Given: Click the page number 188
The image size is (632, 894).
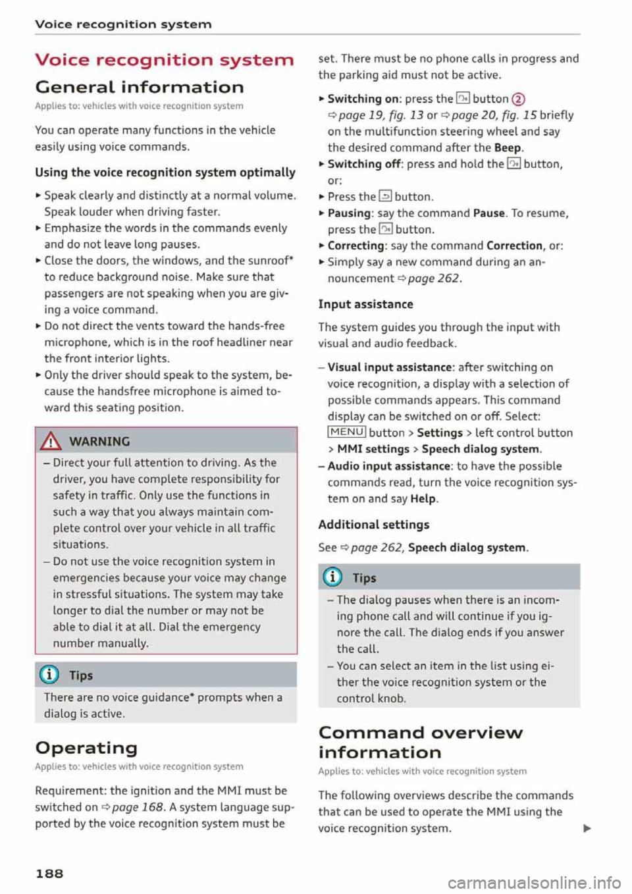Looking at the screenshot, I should pos(49,874).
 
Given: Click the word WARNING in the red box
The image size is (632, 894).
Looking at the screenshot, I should pos(99,442).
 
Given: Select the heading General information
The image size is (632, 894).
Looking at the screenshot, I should pos(140,87).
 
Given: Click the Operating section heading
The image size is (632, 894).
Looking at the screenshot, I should pos(86,748).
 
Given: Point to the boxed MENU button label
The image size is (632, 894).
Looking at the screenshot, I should pos(346,433).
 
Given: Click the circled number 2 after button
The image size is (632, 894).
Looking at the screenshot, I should pos(518,99).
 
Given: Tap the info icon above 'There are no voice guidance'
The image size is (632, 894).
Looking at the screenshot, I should pos(50,675).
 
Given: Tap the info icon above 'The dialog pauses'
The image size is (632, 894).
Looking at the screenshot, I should pos(333,578).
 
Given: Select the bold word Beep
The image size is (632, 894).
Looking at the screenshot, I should pos(508,147).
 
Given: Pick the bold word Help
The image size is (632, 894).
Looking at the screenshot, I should pos(423,498).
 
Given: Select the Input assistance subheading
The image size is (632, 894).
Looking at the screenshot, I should pos(365,304).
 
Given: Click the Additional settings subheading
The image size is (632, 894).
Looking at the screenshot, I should pos(373,525).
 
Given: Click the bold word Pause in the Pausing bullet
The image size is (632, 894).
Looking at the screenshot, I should pos(488,213).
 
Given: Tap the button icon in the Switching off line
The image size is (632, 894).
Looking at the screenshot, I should pos(513,164).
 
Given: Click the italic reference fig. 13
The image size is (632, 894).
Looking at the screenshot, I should pos(406,115).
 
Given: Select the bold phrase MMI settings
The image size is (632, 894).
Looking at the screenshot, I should pos(373,449).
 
